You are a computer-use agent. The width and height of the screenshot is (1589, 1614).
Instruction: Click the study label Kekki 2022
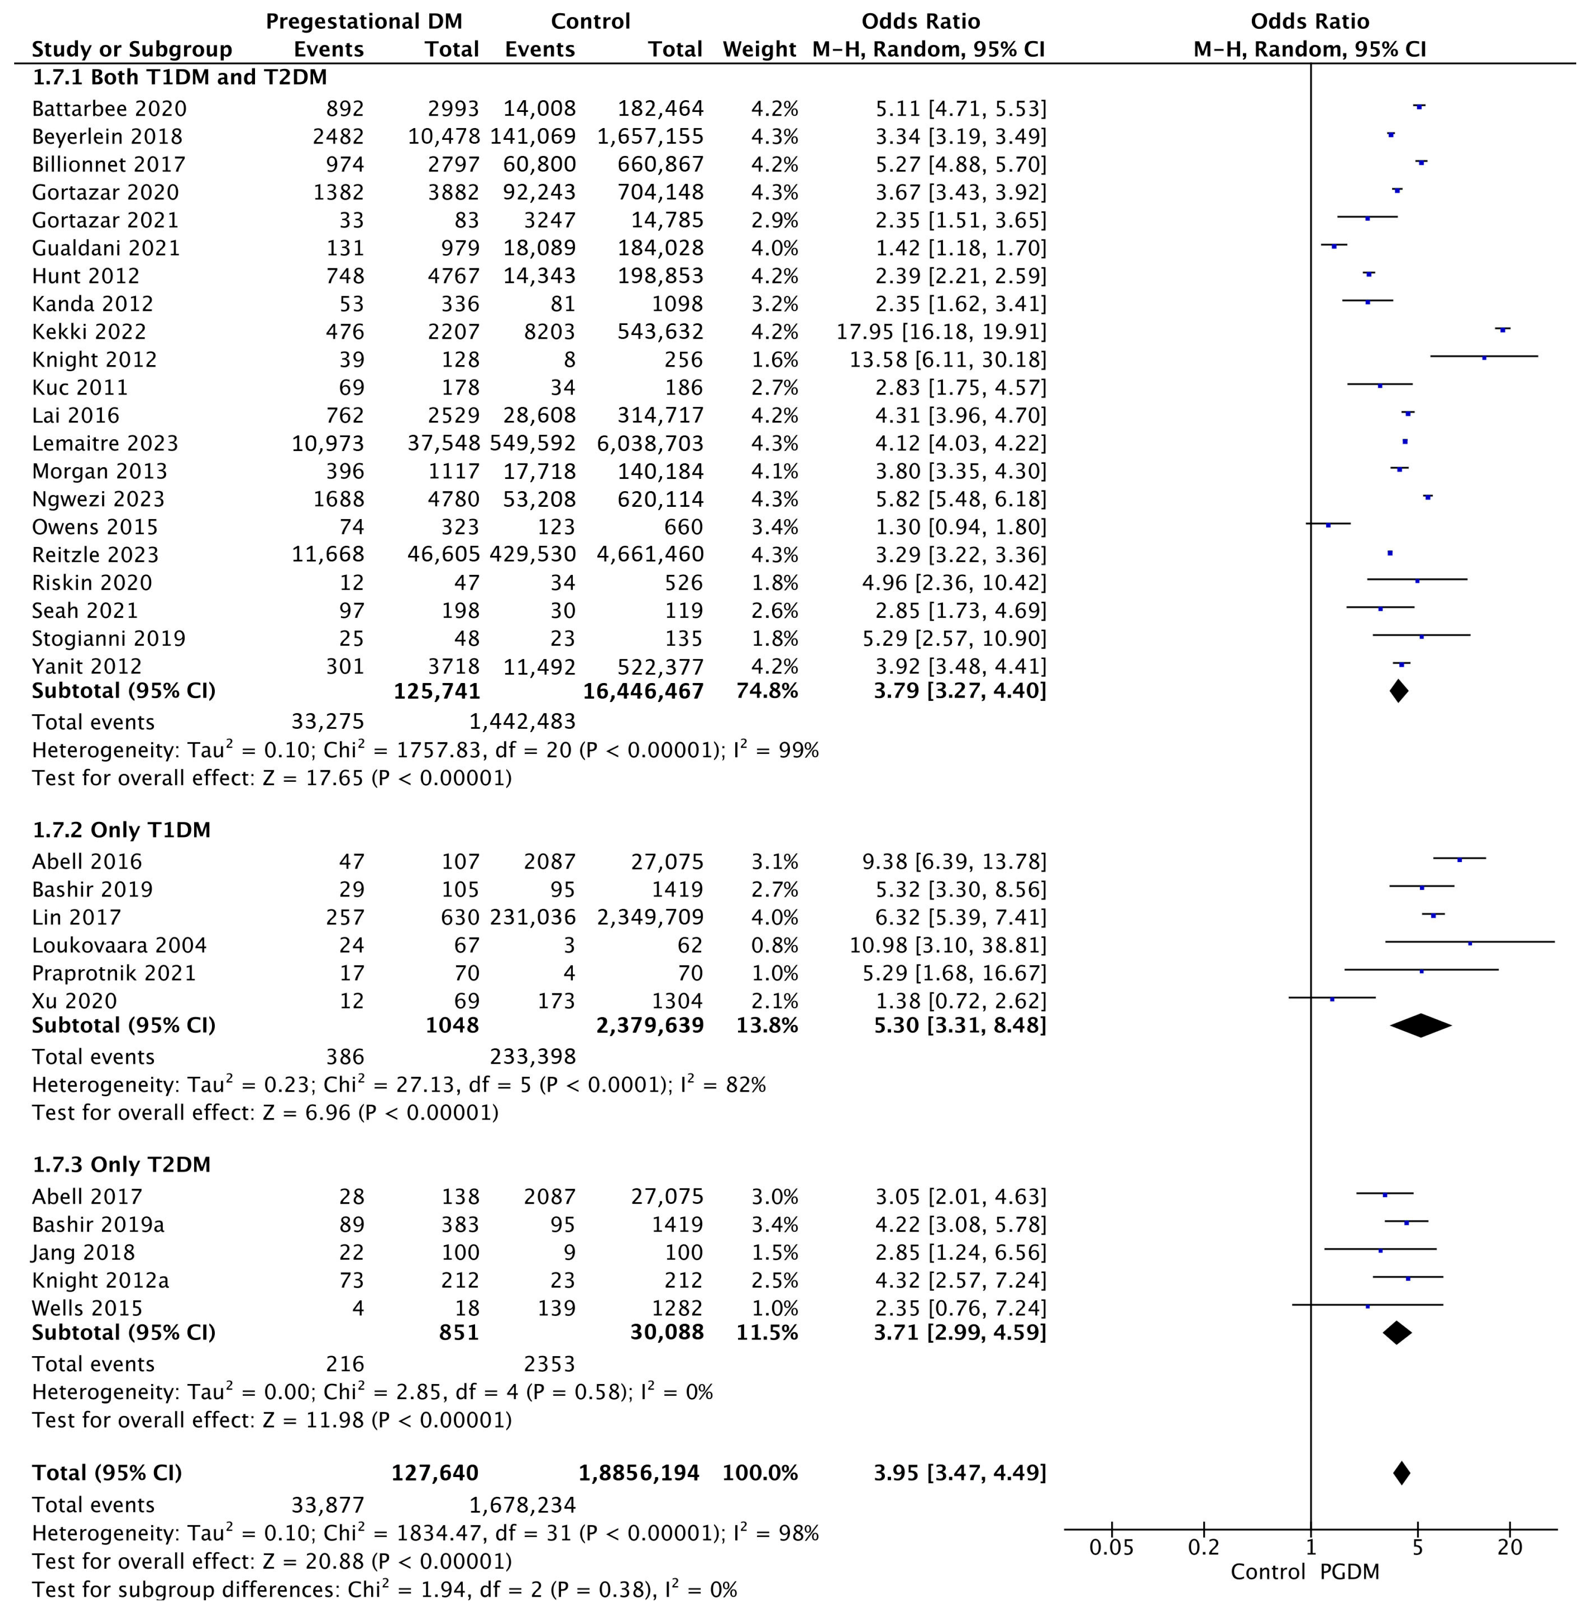click(89, 332)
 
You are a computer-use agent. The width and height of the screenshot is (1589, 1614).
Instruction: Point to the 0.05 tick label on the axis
click(1112, 1547)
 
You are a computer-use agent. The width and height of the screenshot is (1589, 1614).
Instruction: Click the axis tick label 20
click(1510, 1547)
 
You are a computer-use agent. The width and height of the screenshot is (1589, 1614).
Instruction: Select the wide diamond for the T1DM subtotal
click(1420, 1025)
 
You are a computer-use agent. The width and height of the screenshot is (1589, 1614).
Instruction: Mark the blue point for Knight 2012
click(1484, 358)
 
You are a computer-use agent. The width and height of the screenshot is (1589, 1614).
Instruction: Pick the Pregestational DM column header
click(364, 21)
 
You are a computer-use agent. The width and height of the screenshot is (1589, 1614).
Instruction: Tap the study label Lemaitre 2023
click(105, 444)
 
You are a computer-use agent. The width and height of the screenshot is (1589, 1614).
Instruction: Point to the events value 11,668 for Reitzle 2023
click(328, 555)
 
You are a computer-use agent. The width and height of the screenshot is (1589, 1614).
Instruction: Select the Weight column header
click(759, 49)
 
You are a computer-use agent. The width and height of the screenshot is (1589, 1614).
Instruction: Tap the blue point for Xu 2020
click(1332, 999)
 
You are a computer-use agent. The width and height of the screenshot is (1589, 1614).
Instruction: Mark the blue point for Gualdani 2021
click(1334, 246)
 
